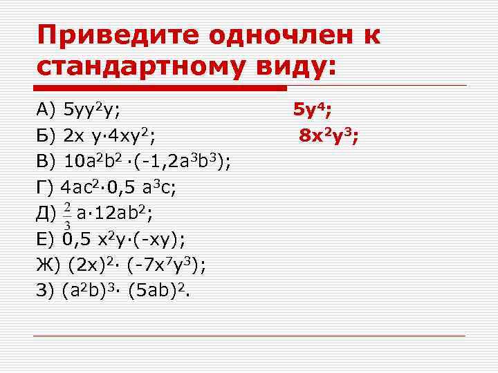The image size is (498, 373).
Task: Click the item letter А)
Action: pyautogui.click(x=46, y=109)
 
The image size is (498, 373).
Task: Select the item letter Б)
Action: pyautogui.click(x=46, y=135)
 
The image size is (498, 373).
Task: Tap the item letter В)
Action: pyautogui.click(x=46, y=162)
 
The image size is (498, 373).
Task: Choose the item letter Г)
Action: pyautogui.click(x=45, y=187)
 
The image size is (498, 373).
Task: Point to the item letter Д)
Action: pyautogui.click(x=47, y=213)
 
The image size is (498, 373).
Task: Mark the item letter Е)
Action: pyautogui.click(x=46, y=240)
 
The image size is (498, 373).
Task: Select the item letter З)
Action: pyautogui.click(x=46, y=291)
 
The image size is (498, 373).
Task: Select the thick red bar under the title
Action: pyautogui.click(x=160, y=88)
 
